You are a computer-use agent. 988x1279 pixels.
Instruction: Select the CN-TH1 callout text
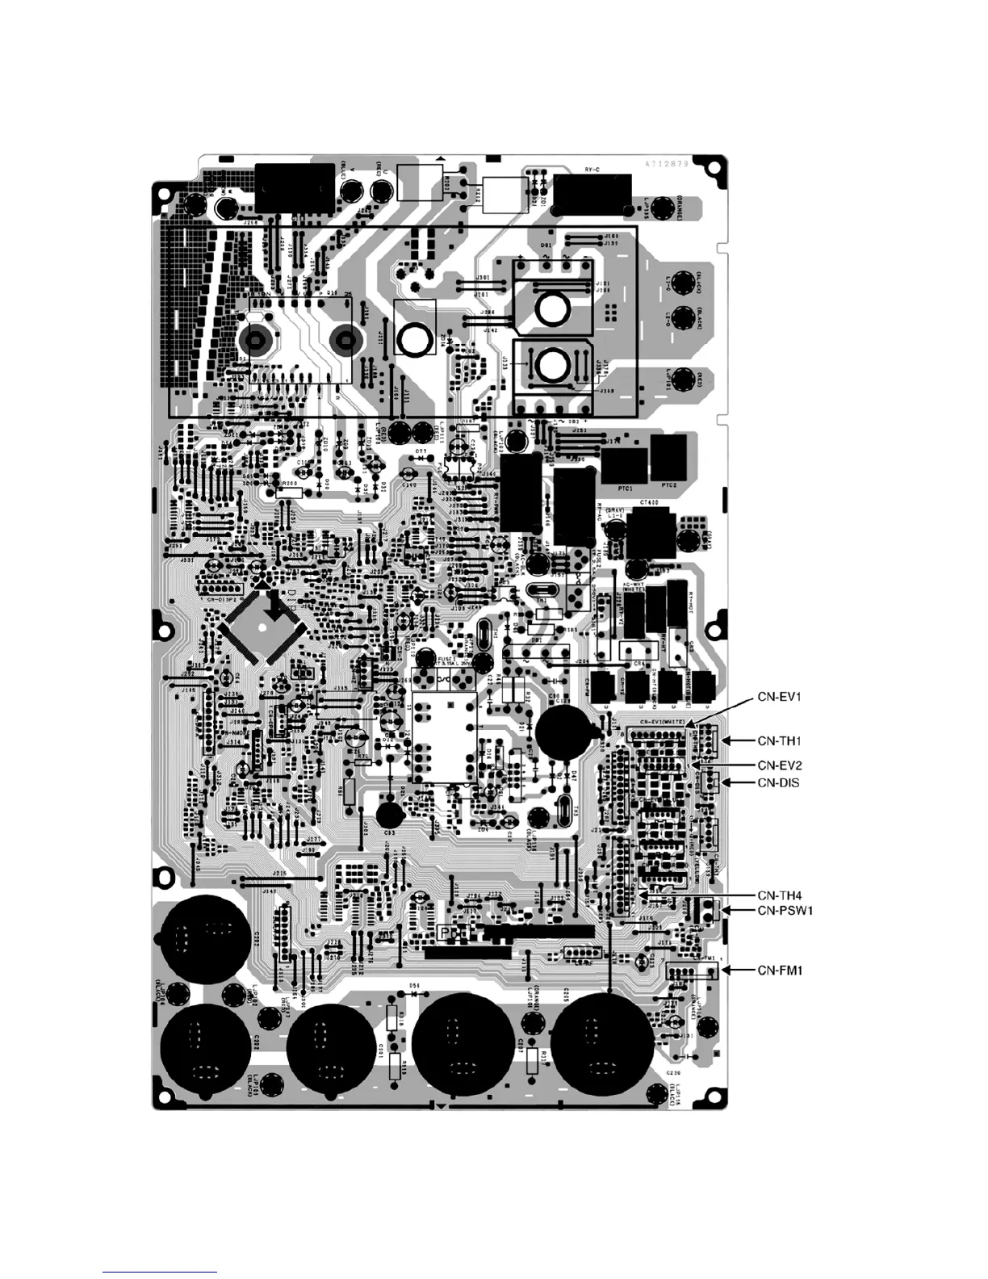pyautogui.click(x=778, y=740)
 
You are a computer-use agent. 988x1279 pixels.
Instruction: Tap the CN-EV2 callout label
pyautogui.click(x=778, y=764)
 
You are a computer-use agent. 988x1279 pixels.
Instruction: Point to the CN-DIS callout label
pyautogui.click(x=778, y=782)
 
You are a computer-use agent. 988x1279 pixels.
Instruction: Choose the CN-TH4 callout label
pyautogui.click(x=778, y=895)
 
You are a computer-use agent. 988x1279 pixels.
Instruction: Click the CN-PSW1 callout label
pyautogui.click(x=783, y=910)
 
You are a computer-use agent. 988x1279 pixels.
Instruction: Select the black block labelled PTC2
pyautogui.click(x=668, y=456)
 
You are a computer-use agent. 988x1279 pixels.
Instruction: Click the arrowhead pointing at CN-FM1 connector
pyautogui.click(x=725, y=970)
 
